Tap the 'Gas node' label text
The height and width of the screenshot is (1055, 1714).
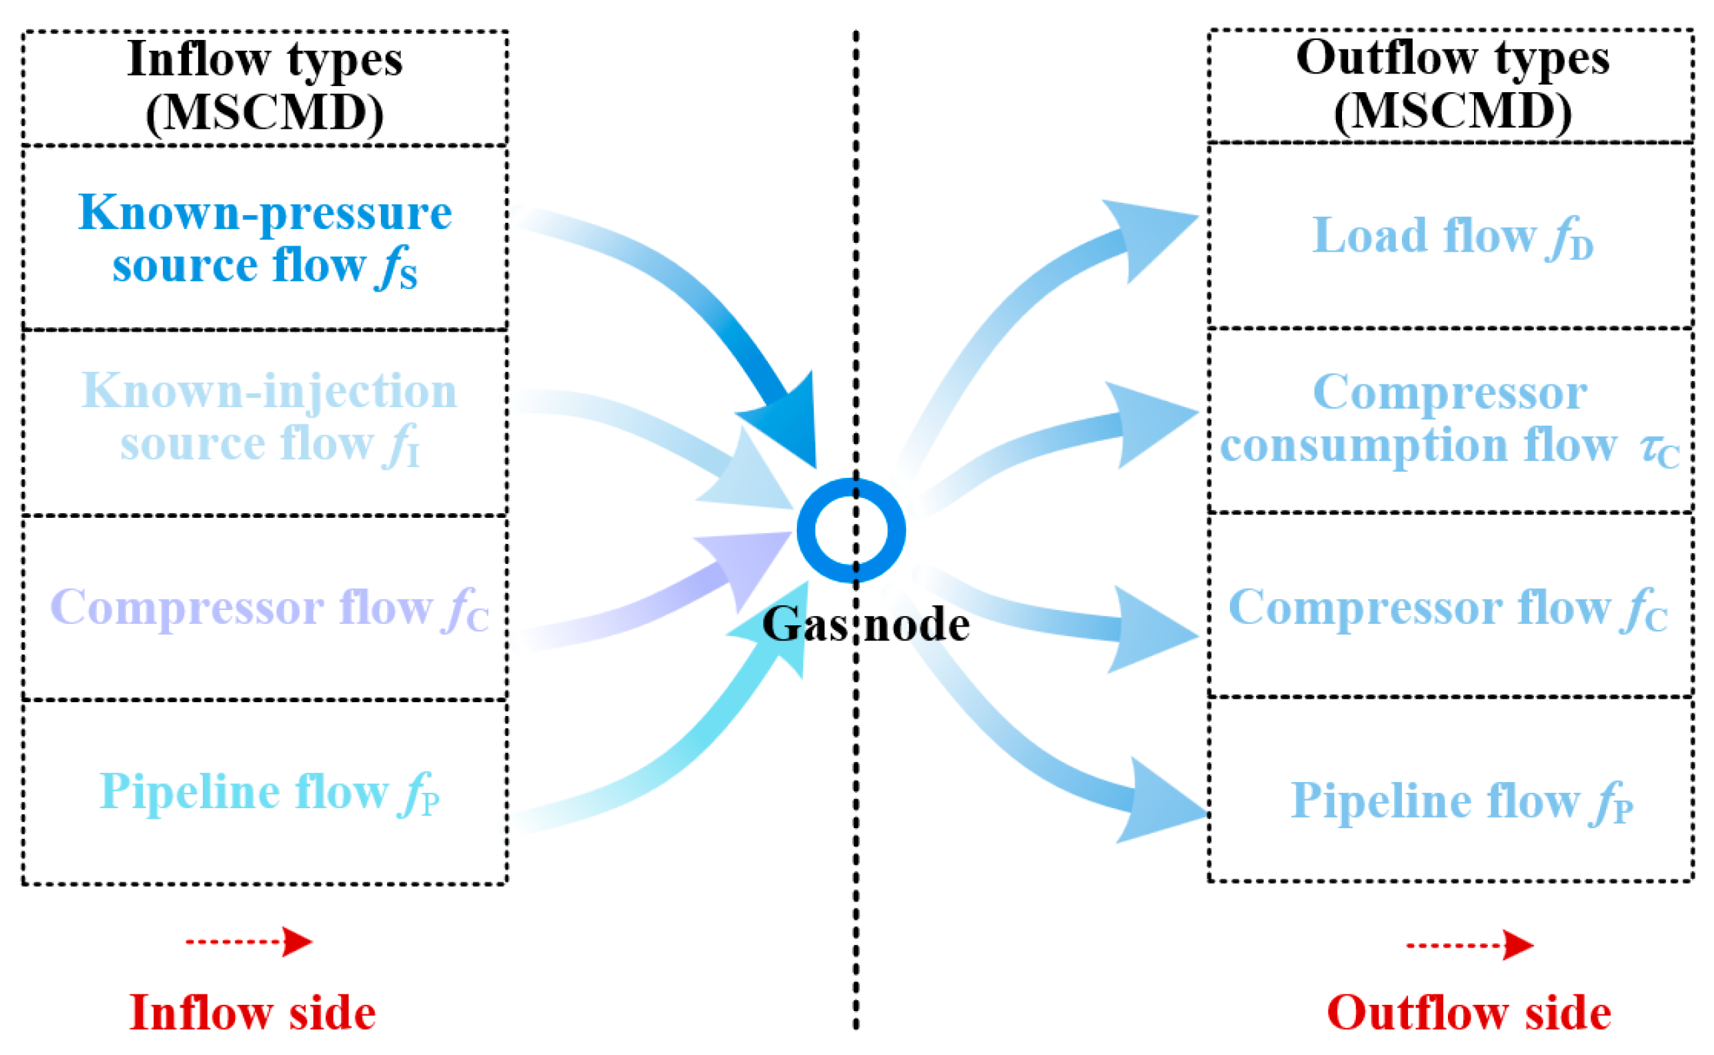coord(866,624)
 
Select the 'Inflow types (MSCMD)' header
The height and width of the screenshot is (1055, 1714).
coord(264,86)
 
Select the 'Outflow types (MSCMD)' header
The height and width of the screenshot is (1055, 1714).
coord(1452,85)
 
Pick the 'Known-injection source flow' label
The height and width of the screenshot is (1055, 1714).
coord(268,417)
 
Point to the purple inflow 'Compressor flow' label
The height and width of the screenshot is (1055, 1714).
coord(269,608)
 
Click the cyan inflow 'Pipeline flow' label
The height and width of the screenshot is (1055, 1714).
coord(269,793)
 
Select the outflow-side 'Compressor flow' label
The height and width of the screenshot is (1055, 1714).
coord(1448,608)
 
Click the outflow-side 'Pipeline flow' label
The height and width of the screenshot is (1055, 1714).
coord(1461,801)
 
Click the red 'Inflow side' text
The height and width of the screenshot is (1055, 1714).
coord(252,1012)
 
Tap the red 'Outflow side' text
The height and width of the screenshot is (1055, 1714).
coord(1469,1012)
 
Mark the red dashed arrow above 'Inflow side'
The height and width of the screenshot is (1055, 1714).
coord(248,942)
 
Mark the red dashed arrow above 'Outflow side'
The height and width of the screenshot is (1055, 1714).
coord(1470,946)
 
